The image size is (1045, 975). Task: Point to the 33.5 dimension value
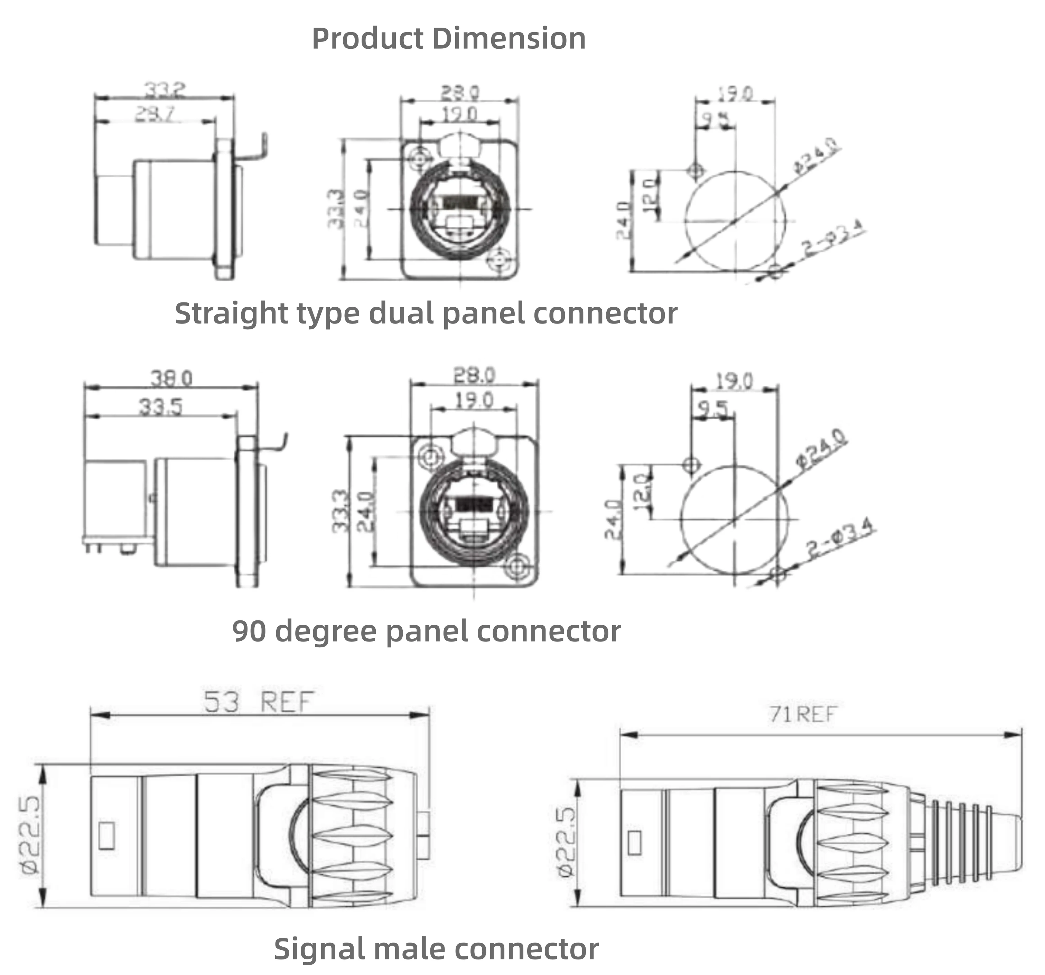coord(160,407)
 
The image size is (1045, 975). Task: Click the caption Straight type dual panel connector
coord(426,313)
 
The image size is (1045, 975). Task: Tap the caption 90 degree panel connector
coord(426,631)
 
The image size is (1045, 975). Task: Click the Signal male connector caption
coord(436,949)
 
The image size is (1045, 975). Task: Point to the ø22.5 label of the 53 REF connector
coord(30,836)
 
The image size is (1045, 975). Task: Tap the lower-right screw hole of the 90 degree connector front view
coord(517,567)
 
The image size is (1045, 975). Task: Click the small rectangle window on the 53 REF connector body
coord(107,836)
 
